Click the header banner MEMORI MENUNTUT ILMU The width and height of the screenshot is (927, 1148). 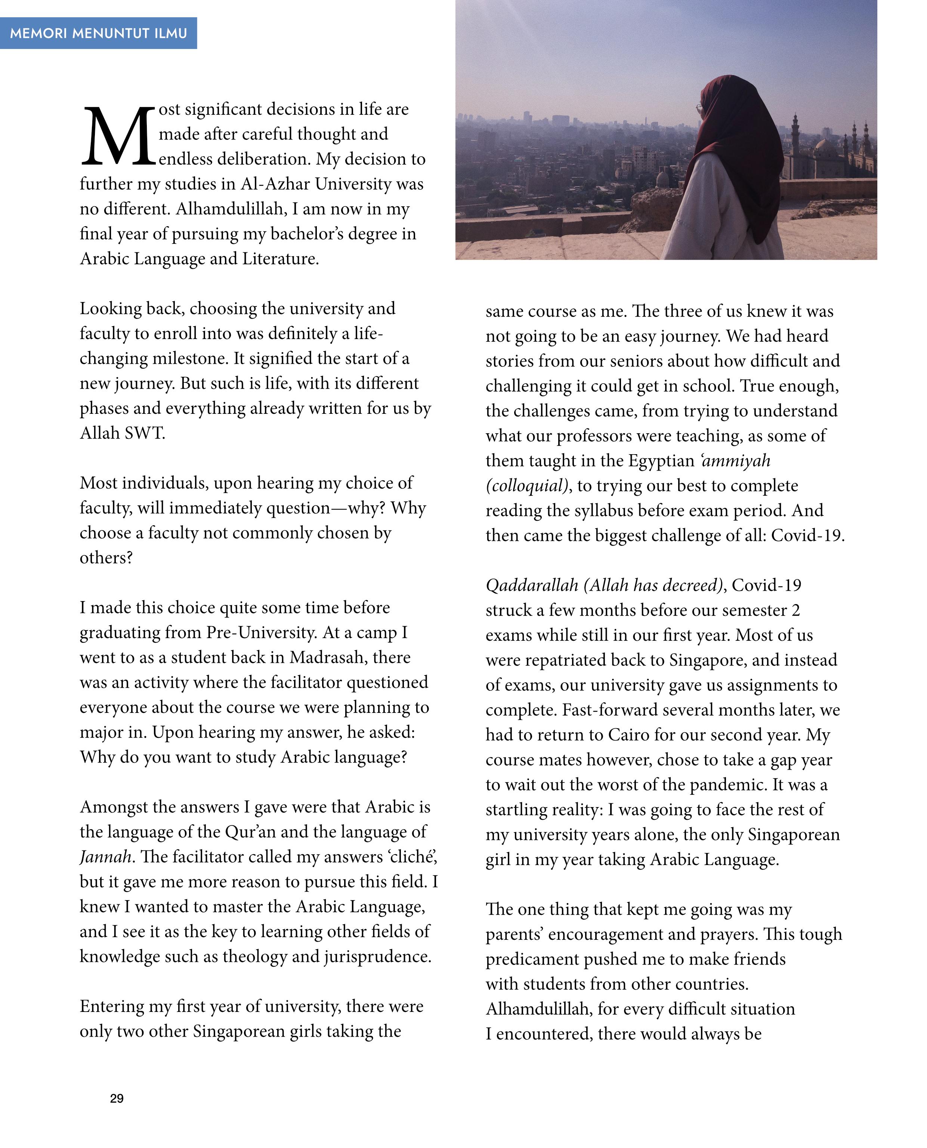click(98, 33)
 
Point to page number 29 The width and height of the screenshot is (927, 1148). click(117, 1098)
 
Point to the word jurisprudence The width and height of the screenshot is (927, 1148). click(377, 956)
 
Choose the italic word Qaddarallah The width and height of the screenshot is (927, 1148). click(531, 585)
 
